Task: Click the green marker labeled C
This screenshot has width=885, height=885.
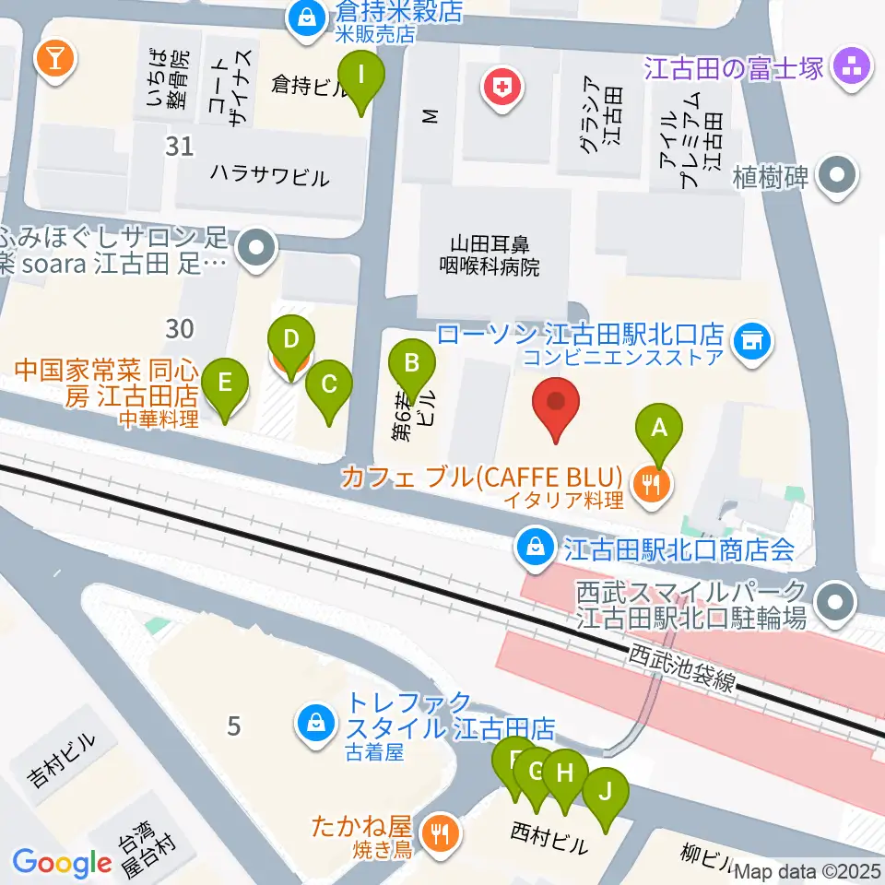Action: [x=329, y=392]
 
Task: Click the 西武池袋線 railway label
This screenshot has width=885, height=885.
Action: [x=682, y=669]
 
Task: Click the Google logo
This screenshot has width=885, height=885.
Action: [x=62, y=862]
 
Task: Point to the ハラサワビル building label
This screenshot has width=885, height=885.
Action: [x=268, y=175]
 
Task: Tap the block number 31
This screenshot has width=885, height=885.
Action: [x=180, y=146]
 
